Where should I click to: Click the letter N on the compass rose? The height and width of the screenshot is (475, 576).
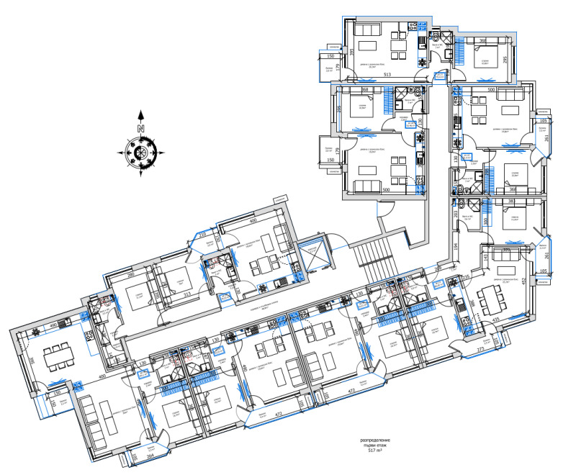[141, 128]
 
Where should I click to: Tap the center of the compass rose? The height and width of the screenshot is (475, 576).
[141, 152]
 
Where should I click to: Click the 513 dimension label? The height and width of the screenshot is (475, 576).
[387, 75]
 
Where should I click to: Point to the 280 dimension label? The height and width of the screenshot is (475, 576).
[131, 274]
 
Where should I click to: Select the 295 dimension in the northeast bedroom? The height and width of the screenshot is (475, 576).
[505, 59]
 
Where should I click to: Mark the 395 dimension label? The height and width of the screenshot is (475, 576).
[351, 52]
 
